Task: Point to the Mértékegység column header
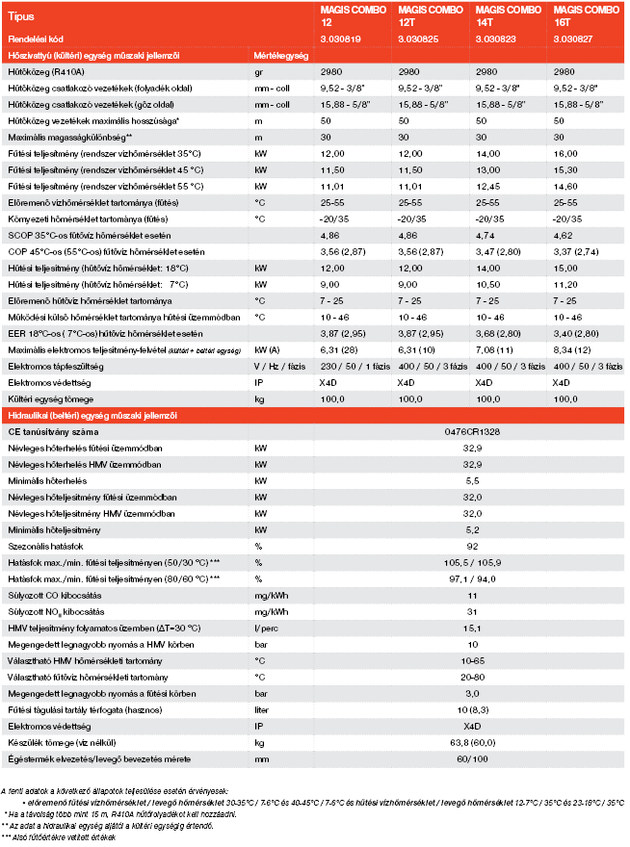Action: pyautogui.click(x=280, y=56)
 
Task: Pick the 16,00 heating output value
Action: pyautogui.click(x=568, y=154)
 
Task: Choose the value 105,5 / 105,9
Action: pyautogui.click(x=472, y=563)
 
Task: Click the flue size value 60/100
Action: pyautogui.click(x=472, y=759)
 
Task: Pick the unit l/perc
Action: pyautogui.click(x=265, y=629)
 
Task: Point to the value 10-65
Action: pyautogui.click(x=472, y=661)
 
